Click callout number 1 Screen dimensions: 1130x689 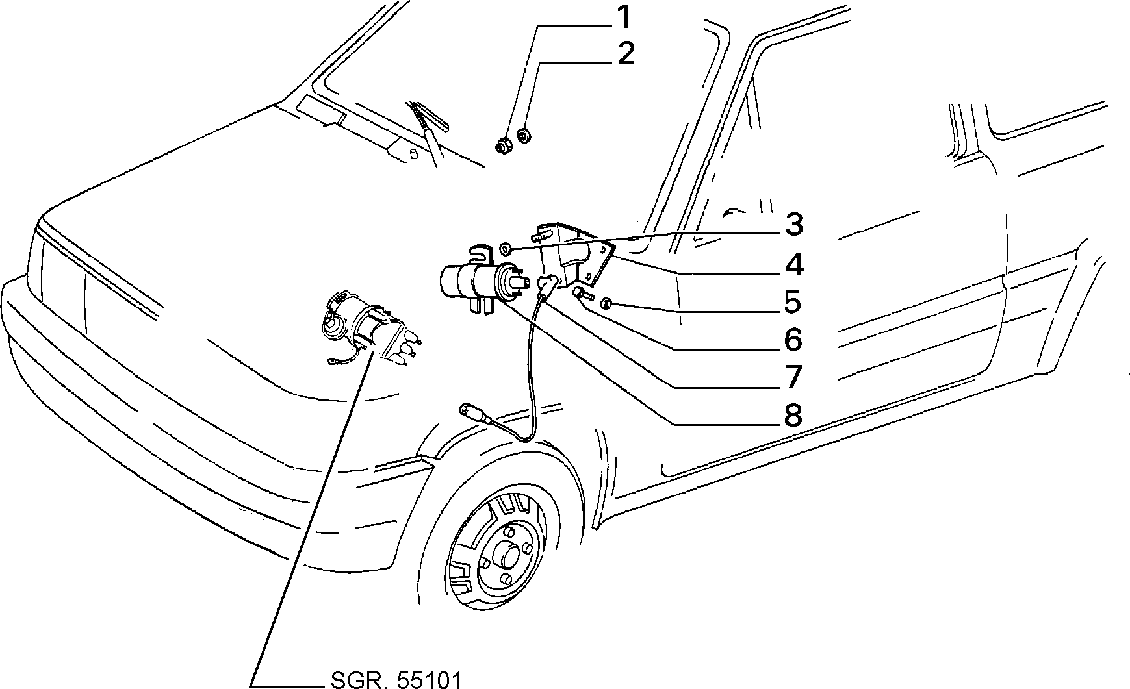click(x=623, y=18)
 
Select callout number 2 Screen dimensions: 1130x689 click(x=625, y=53)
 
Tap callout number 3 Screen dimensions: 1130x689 click(x=793, y=225)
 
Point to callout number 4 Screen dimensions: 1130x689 click(x=793, y=265)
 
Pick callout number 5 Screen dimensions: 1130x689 click(x=793, y=302)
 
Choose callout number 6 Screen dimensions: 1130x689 click(x=793, y=340)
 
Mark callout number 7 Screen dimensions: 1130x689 click(x=793, y=377)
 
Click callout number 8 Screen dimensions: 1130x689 click(x=793, y=414)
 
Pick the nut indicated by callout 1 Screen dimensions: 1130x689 click(x=502, y=145)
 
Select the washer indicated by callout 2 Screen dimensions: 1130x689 click(x=524, y=136)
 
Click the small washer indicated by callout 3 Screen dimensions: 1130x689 click(x=506, y=248)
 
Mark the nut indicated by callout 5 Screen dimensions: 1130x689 click(x=606, y=303)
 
